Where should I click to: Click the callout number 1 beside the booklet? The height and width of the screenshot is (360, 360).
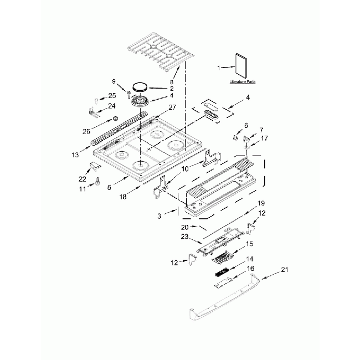point(219,68)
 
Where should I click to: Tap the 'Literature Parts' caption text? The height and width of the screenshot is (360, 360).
point(243,81)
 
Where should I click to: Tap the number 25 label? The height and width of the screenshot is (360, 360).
point(112,96)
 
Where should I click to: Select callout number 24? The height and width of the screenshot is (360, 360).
point(112,106)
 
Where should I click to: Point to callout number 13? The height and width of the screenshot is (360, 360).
point(75,155)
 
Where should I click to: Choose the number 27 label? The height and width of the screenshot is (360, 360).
point(157,108)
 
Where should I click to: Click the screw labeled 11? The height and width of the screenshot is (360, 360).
point(97,181)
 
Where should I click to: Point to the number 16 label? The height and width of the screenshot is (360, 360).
point(250,268)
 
